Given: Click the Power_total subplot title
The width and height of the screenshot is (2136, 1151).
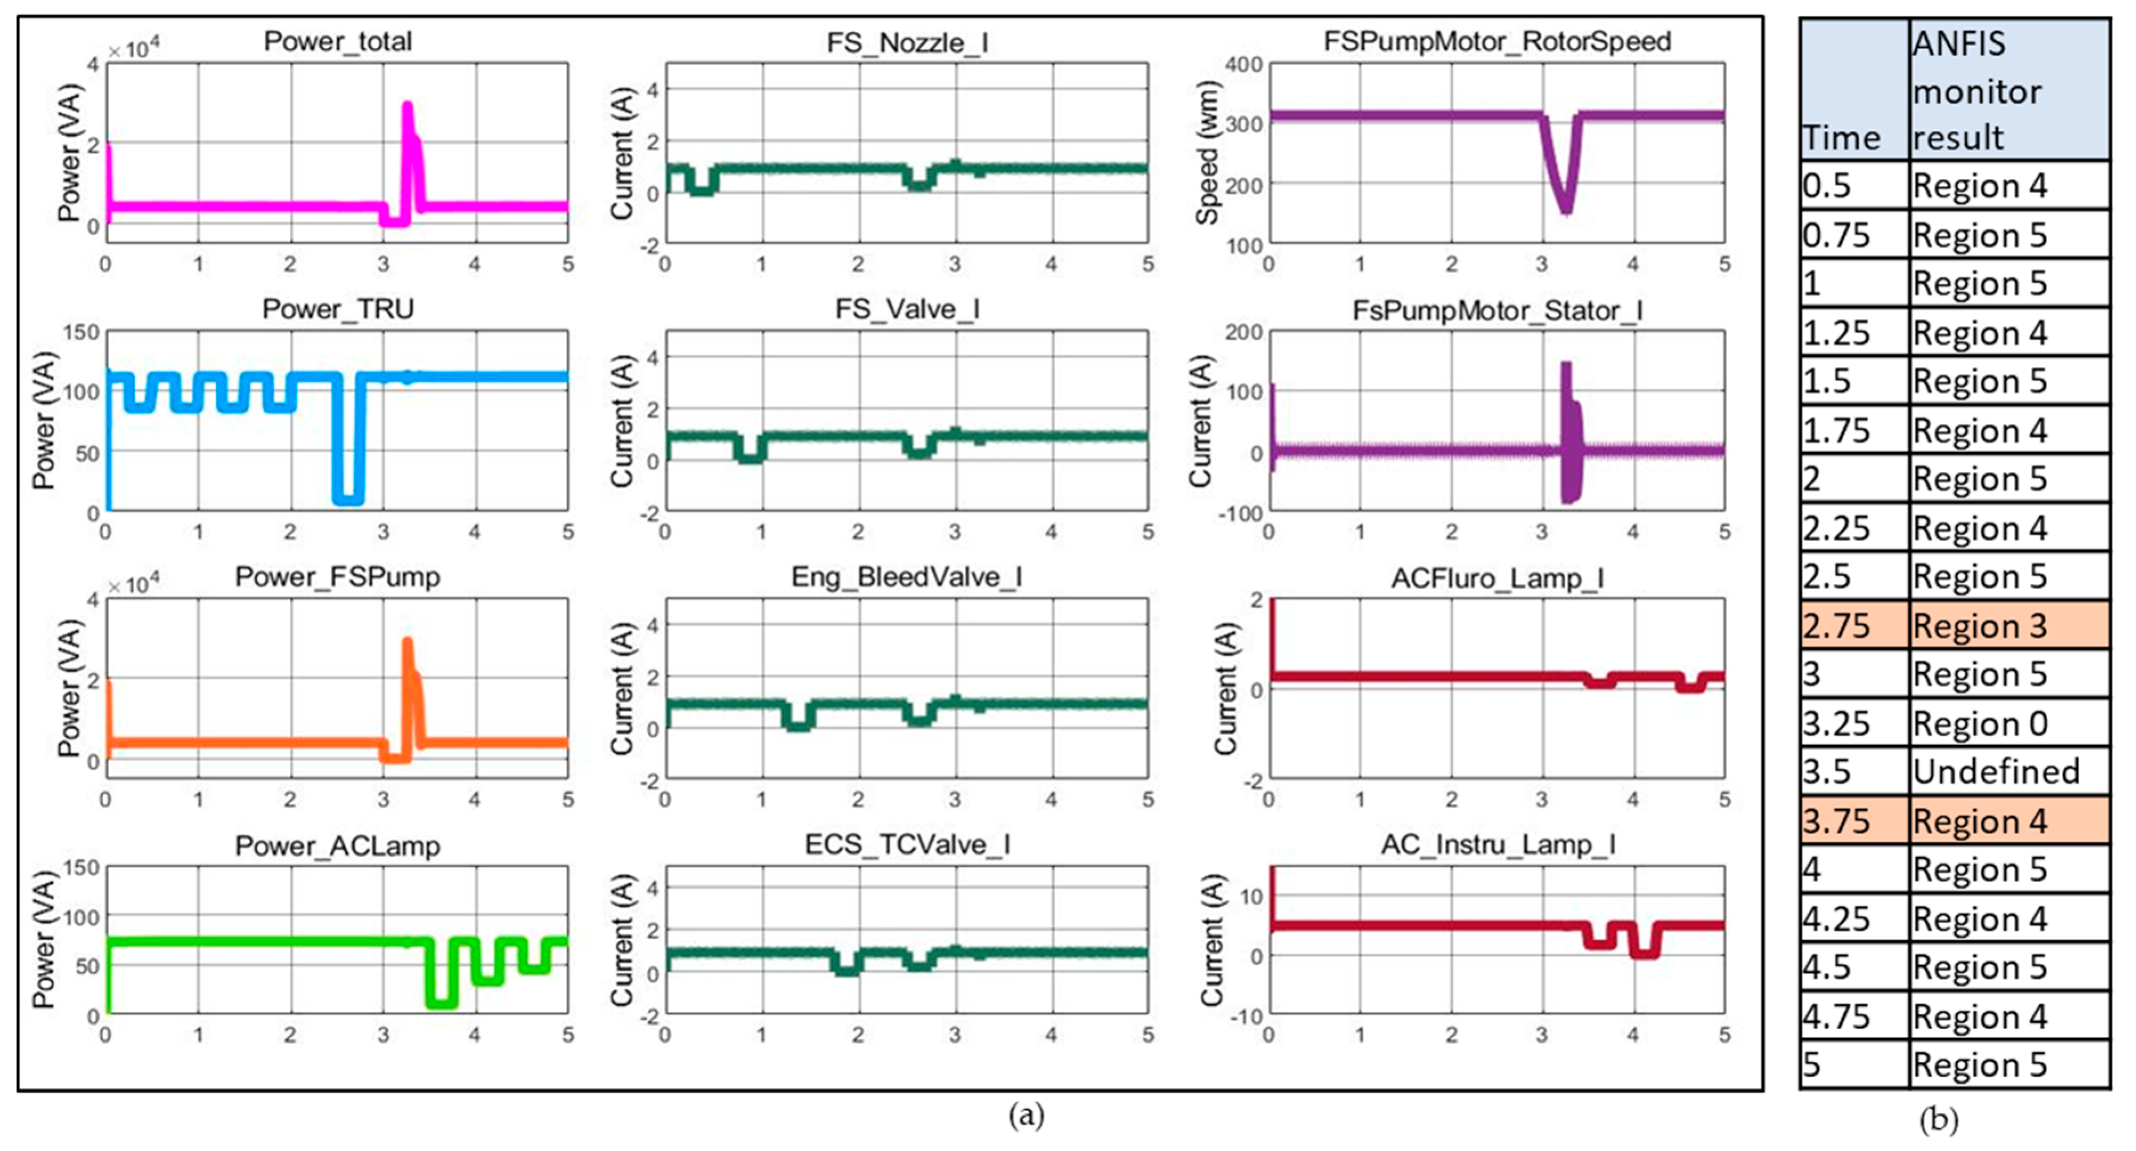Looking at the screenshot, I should tap(337, 42).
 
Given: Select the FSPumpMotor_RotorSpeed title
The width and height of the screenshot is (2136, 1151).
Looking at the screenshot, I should tap(1497, 42).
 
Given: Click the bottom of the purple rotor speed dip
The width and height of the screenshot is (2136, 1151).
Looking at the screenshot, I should tap(1566, 209).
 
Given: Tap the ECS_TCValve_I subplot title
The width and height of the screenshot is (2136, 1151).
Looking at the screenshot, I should tap(907, 844).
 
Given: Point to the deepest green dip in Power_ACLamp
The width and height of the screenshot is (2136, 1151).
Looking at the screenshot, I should tap(441, 1002).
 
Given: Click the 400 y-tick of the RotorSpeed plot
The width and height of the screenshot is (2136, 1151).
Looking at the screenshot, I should tap(1243, 64).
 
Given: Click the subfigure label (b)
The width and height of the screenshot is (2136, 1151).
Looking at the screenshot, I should tap(1939, 1120).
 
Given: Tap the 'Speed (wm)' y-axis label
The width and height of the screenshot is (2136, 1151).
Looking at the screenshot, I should tap(1207, 153).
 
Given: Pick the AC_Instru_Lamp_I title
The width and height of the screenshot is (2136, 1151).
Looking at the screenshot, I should tap(1498, 844).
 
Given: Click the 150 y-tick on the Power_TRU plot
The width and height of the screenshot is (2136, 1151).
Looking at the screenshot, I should tap(81, 332).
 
